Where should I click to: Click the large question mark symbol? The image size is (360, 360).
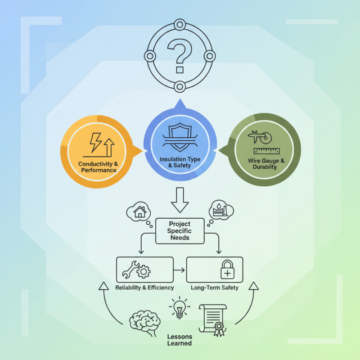point(180,56)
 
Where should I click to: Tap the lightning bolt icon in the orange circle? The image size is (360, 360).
point(95,142)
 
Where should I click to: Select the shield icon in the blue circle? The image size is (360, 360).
point(180,137)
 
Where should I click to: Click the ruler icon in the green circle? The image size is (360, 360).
point(266,151)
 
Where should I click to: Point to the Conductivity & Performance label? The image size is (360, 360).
point(98,167)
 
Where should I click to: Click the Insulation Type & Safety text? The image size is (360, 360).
point(180,162)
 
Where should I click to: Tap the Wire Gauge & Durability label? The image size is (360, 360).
point(266,164)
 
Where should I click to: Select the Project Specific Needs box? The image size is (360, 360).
point(180,231)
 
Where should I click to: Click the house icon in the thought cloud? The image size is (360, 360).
point(140,211)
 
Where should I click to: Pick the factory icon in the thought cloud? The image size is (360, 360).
point(220,209)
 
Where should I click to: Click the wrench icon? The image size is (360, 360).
point(130,270)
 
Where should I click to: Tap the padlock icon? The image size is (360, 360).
point(227,269)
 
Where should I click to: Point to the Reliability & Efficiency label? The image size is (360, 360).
point(144,288)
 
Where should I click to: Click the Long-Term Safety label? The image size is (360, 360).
point(215,288)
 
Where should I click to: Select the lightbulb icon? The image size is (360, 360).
point(180,308)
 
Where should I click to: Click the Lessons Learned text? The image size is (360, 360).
point(179,340)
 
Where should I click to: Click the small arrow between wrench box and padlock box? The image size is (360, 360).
point(179,270)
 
